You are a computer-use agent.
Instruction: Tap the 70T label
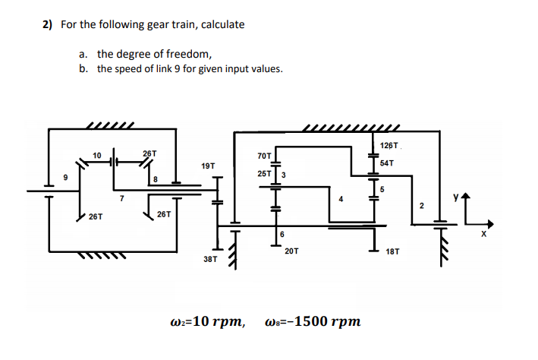pos(264,156)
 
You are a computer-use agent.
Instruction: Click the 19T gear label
pos(208,165)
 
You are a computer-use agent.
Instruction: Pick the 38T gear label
pos(210,259)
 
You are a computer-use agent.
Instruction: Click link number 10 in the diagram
pos(96,156)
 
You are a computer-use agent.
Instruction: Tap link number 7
pos(120,199)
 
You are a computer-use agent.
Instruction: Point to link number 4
pos(342,199)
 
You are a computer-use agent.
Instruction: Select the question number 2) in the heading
pos(47,24)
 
